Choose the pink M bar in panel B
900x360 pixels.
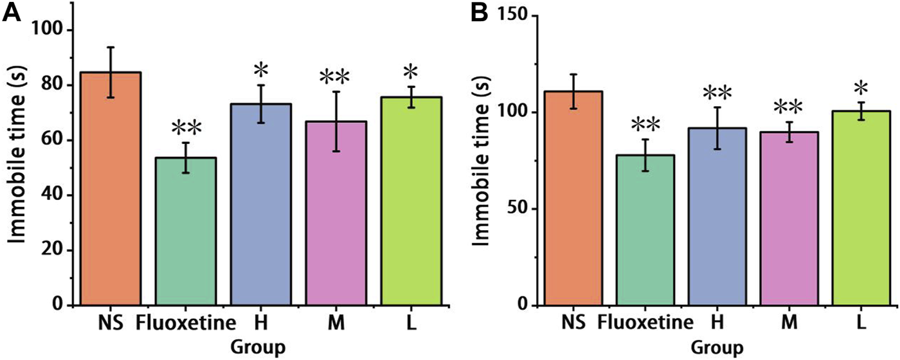[790, 219]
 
